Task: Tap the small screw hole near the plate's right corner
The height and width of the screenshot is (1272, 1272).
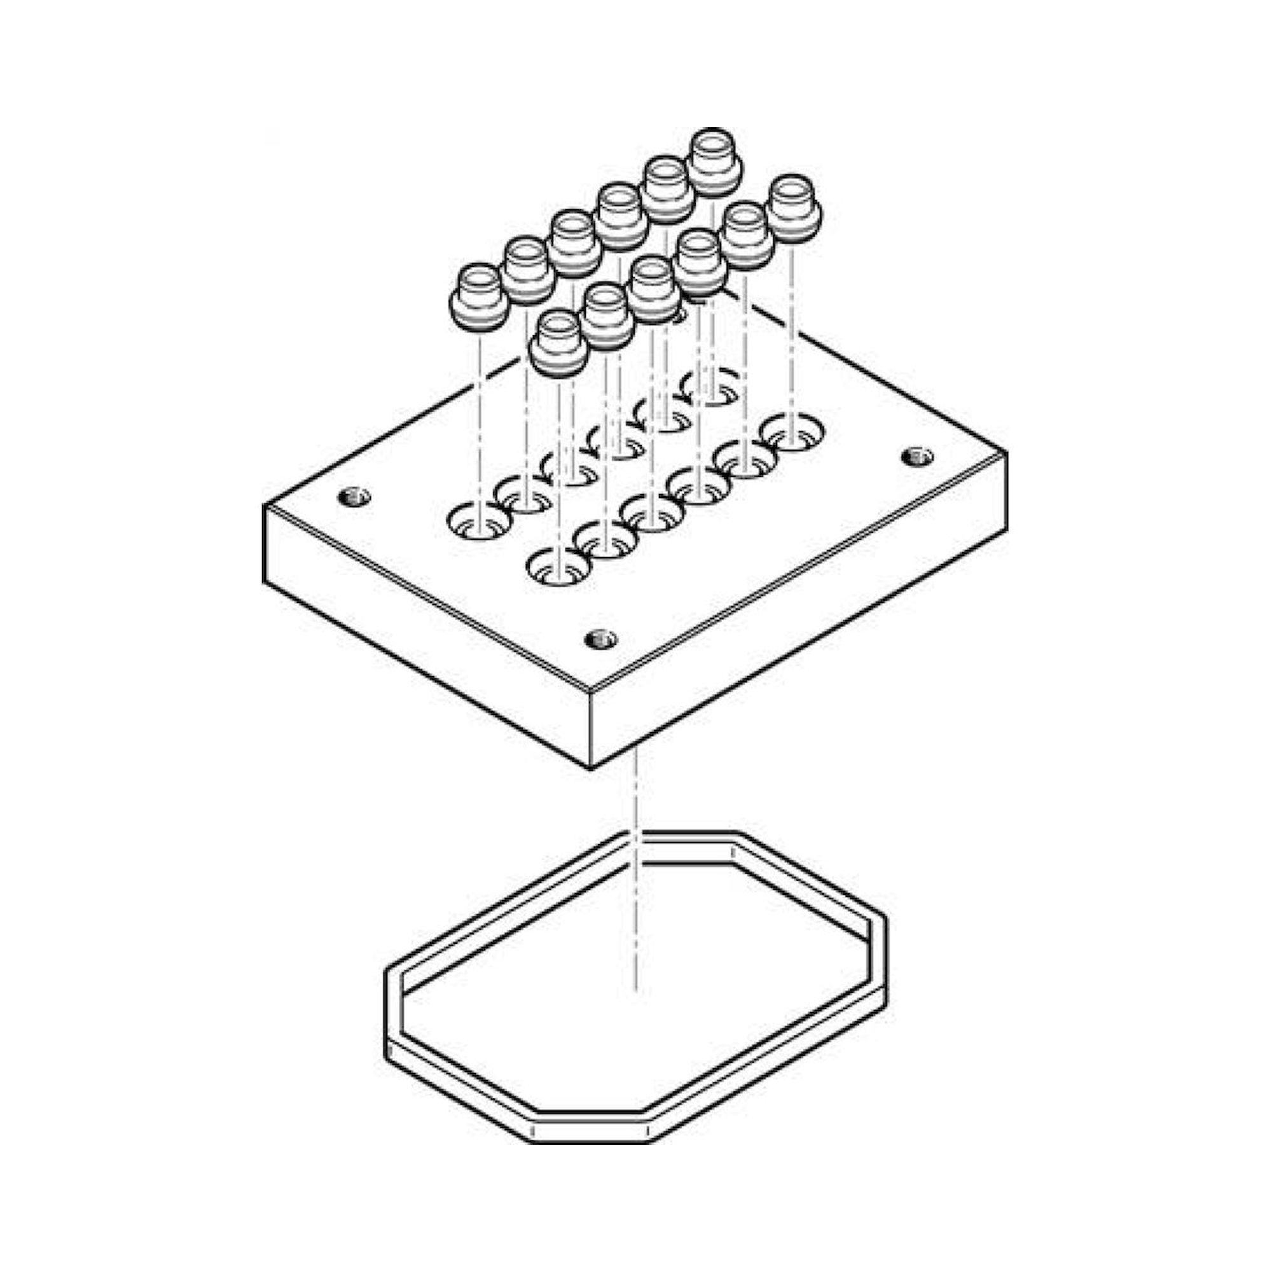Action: point(916,455)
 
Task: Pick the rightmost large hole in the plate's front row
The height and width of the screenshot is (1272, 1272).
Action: point(792,434)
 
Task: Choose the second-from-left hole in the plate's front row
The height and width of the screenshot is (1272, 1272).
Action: point(605,540)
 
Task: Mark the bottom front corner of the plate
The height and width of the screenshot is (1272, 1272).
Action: point(591,768)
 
